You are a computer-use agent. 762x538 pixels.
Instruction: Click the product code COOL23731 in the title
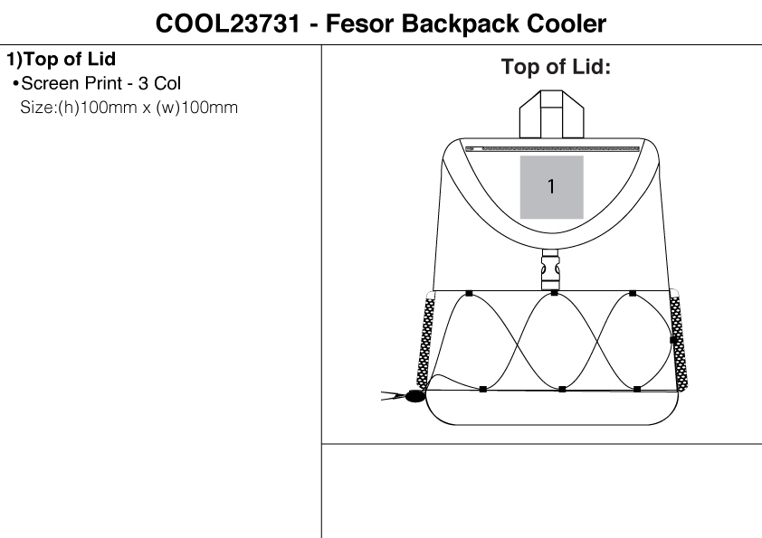pyautogui.click(x=227, y=24)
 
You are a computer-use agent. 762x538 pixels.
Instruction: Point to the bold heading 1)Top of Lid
pyautogui.click(x=61, y=60)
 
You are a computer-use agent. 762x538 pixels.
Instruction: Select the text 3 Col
pyautogui.click(x=159, y=83)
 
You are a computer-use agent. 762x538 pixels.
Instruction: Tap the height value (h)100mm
pyautogui.click(x=97, y=108)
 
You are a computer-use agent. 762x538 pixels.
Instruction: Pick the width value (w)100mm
pyautogui.click(x=196, y=108)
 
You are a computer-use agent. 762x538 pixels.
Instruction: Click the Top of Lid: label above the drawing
pyautogui.click(x=556, y=67)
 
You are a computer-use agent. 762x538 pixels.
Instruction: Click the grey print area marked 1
pyautogui.click(x=551, y=187)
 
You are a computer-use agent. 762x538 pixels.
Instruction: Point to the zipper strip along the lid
pyautogui.click(x=553, y=149)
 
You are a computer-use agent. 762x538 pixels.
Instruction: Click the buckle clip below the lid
pyautogui.click(x=550, y=269)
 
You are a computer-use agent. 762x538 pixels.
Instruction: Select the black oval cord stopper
pyautogui.click(x=414, y=396)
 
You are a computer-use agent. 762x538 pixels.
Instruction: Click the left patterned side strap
pyautogui.click(x=424, y=343)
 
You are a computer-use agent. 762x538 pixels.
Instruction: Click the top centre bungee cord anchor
pyautogui.click(x=555, y=293)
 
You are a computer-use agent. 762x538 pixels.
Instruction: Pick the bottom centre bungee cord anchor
pyautogui.click(x=562, y=389)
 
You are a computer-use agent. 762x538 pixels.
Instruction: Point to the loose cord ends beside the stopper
pyautogui.click(x=393, y=396)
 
